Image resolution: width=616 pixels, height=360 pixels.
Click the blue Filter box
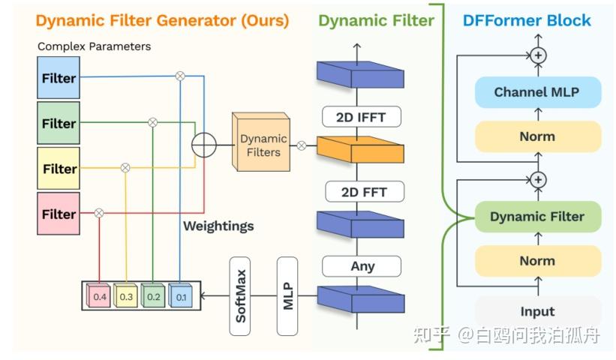click(x=59, y=78)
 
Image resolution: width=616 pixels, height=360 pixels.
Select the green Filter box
click(x=59, y=123)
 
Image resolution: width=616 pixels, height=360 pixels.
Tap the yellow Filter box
click(x=59, y=169)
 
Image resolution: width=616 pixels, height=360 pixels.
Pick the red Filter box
click(x=59, y=214)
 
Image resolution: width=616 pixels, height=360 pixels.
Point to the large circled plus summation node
click(x=203, y=144)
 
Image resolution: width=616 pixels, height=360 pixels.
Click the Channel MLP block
click(x=536, y=92)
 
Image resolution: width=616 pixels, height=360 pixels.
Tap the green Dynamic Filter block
click(x=536, y=217)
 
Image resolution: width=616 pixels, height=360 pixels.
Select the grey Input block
click(x=536, y=311)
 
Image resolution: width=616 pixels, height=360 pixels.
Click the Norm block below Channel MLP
click(x=536, y=136)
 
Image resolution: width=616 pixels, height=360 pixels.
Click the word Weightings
click(x=218, y=226)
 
